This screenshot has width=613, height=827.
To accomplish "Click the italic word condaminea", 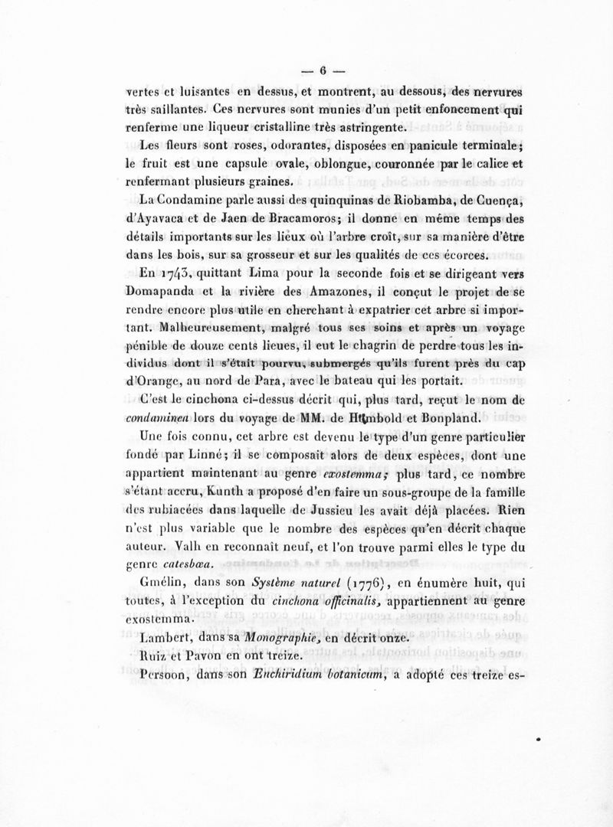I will [x=157, y=419].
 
